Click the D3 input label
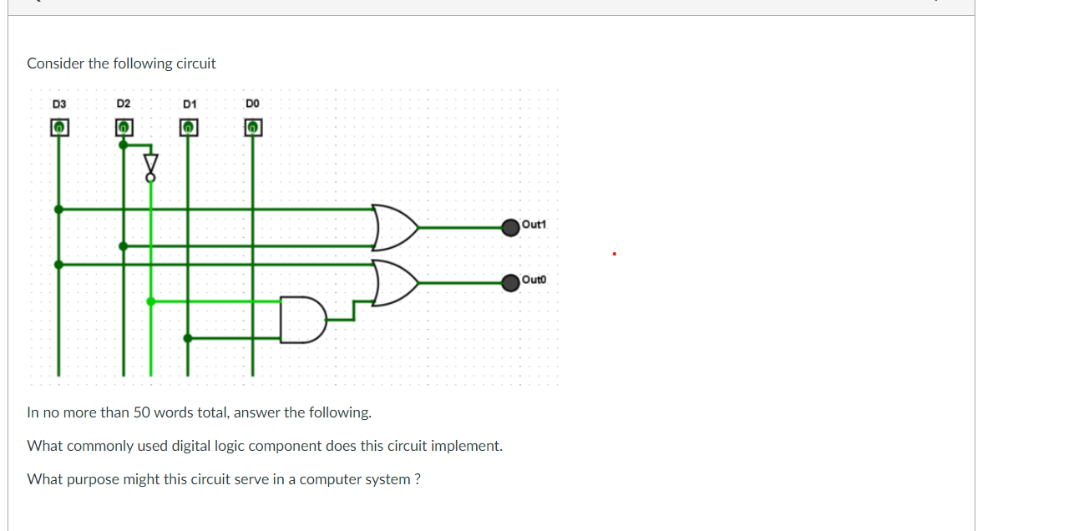pyautogui.click(x=58, y=104)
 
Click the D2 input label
pyautogui.click(x=124, y=104)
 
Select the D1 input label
pyautogui.click(x=189, y=104)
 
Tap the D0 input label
pyautogui.click(x=253, y=104)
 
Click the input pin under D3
pyautogui.click(x=58, y=128)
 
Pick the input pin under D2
pyautogui.click(x=124, y=128)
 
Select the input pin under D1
pyautogui.click(x=189, y=128)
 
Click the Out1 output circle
pyautogui.click(x=510, y=226)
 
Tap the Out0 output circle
pyautogui.click(x=510, y=283)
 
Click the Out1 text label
pyautogui.click(x=533, y=225)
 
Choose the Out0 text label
pyautogui.click(x=533, y=280)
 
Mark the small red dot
pyautogui.click(x=614, y=253)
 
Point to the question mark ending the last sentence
pyautogui.click(x=417, y=479)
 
